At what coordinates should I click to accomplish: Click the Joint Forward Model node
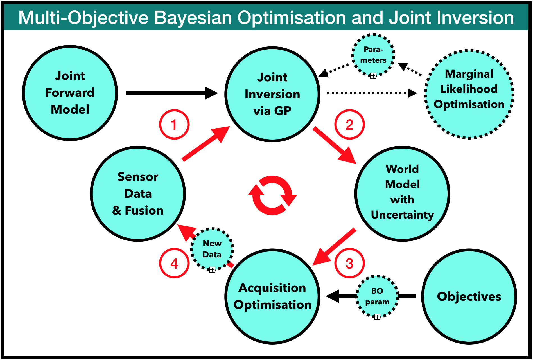coord(70,93)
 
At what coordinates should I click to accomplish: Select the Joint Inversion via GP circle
coord(272,94)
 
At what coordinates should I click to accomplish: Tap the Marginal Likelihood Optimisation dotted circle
coord(469,94)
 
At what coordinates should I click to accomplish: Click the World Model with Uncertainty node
coord(402,193)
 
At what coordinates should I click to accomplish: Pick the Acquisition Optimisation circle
coord(272,296)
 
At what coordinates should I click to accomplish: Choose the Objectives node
coord(469,296)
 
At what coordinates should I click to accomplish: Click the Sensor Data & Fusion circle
coord(138,193)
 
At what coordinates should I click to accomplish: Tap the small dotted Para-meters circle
coord(373,55)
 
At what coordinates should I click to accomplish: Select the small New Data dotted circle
coord(212,249)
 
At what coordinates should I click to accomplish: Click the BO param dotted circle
coord(377,296)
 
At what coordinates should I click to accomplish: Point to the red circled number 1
coord(174,124)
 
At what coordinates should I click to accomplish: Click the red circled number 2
coord(349,124)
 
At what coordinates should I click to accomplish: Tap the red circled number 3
coord(349,263)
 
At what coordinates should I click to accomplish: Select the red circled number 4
coord(174,263)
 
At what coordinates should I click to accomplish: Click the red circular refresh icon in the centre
coord(272,195)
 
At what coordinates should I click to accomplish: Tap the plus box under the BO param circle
coord(377,317)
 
